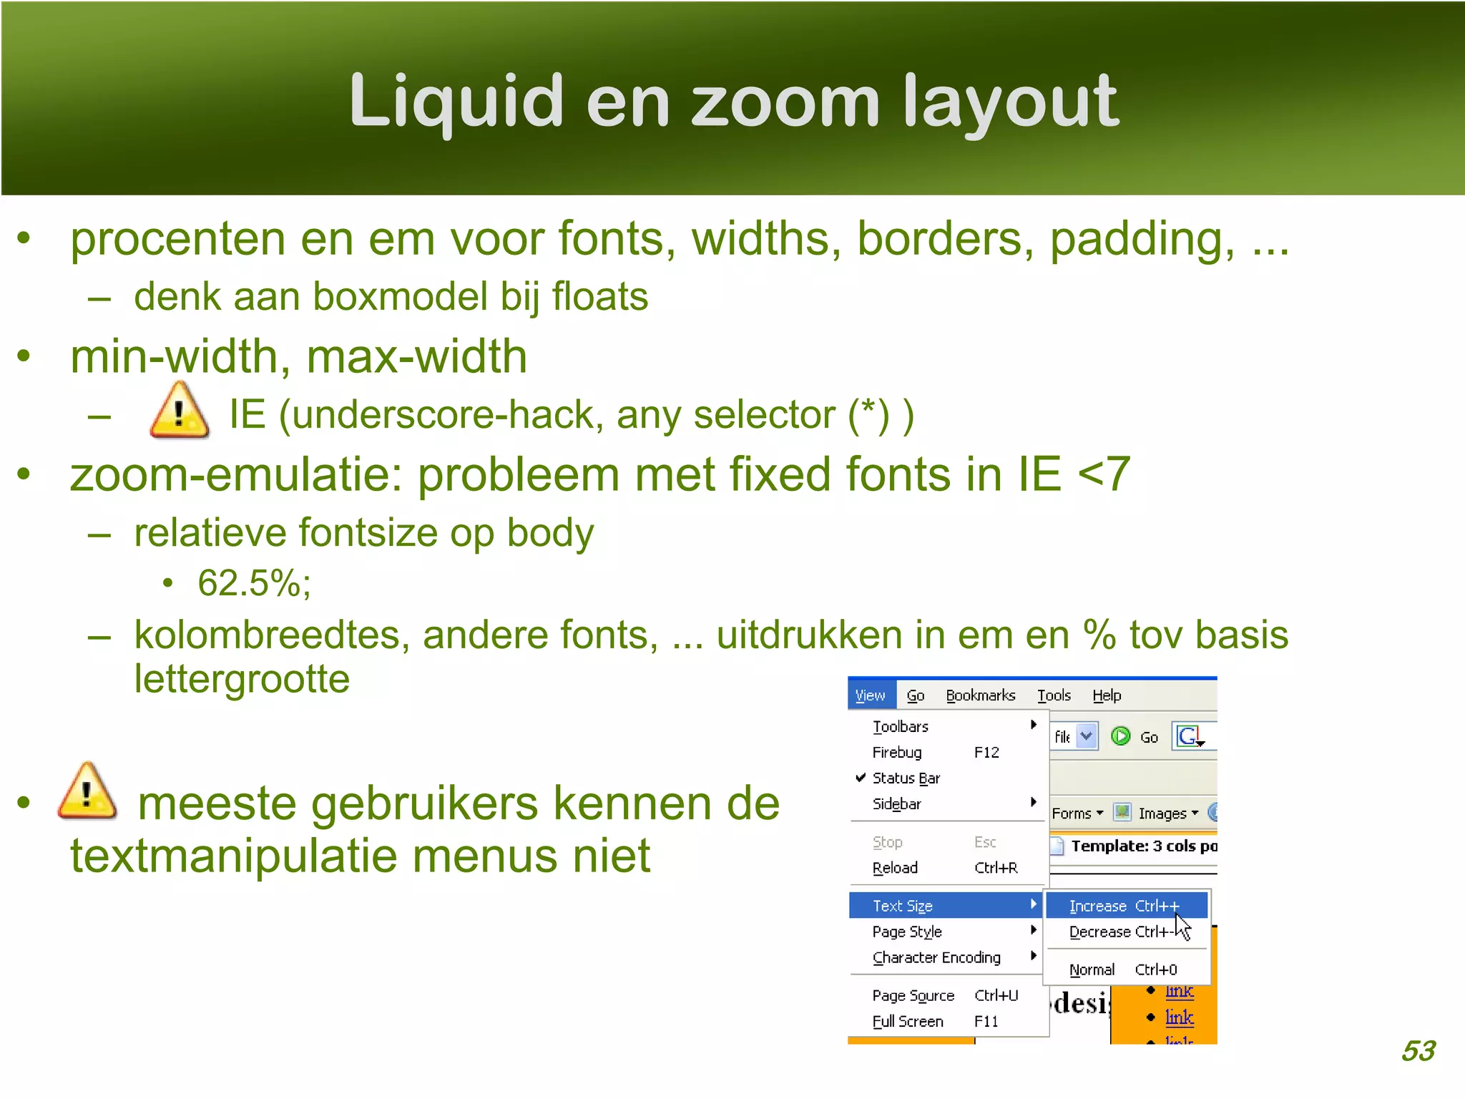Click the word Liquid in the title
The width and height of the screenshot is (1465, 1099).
coord(456,102)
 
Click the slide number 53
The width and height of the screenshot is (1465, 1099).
coord(1418,1050)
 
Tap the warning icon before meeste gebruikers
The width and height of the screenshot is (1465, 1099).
coord(87,793)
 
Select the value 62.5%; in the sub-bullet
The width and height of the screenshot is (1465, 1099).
coord(254,582)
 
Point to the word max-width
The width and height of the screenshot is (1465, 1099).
coord(417,356)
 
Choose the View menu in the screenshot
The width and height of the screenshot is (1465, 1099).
coord(870,695)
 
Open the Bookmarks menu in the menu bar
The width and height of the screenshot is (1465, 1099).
coord(980,695)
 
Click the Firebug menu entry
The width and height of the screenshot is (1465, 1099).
coord(897,752)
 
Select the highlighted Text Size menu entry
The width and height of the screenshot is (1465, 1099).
coord(903,906)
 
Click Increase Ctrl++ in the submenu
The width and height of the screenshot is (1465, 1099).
coord(1123,906)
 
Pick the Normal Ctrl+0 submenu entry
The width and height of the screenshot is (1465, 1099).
coord(1123,969)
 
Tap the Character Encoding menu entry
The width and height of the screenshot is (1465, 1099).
coord(936,957)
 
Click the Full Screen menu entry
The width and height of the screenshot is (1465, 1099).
coord(908,1021)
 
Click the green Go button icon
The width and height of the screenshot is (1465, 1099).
coord(1120,736)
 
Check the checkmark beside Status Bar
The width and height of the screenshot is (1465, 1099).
coord(861,778)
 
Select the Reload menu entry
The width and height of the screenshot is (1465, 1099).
coord(895,868)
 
